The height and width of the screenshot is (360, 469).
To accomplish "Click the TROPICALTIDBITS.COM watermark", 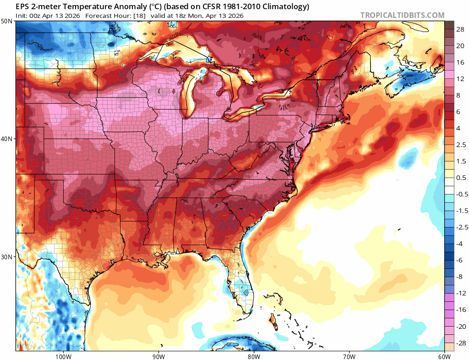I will click(402, 15).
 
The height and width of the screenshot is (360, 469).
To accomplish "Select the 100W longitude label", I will click(63, 356).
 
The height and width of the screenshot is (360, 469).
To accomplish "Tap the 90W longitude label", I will click(158, 356).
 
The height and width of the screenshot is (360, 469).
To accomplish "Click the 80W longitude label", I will click(254, 356).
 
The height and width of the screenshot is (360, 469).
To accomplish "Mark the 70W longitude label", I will click(349, 356).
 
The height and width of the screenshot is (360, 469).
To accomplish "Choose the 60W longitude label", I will click(444, 356).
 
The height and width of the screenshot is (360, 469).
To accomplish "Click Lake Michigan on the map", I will click(190, 94).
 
